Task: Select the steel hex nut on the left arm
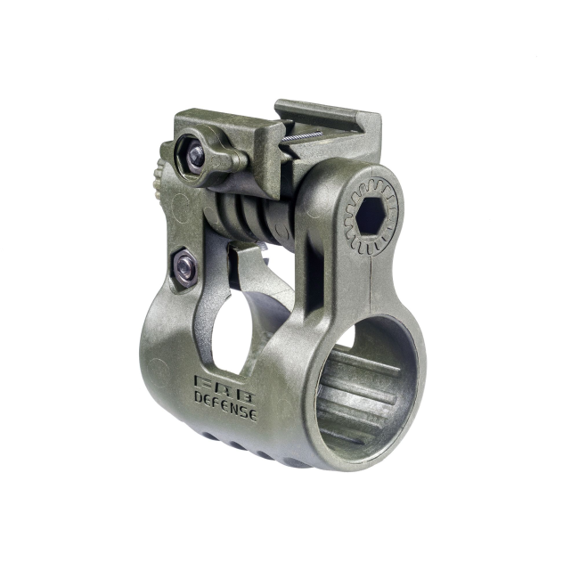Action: pyautogui.click(x=185, y=266)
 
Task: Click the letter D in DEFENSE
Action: pyautogui.click(x=199, y=397)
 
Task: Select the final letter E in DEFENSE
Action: pyautogui.click(x=251, y=414)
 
